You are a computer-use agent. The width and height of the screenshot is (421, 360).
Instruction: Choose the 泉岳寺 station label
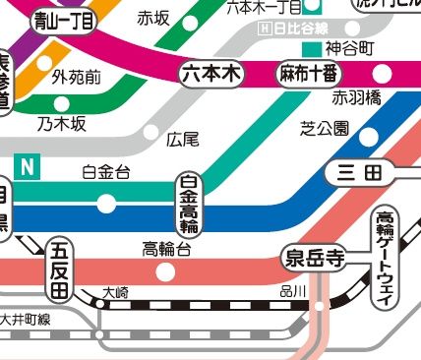pyautogui.click(x=314, y=259)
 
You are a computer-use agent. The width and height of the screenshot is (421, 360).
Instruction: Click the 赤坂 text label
pyautogui.click(x=153, y=18)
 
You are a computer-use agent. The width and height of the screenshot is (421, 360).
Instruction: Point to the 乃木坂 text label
pyautogui.click(x=62, y=123)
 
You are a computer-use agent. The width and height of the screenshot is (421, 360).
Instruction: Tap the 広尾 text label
pyautogui.click(x=183, y=139)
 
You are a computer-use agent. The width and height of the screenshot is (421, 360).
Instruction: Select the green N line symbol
pyautogui.click(x=29, y=169)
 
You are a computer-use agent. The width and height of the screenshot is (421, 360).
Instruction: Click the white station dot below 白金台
pyautogui.click(x=106, y=205)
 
